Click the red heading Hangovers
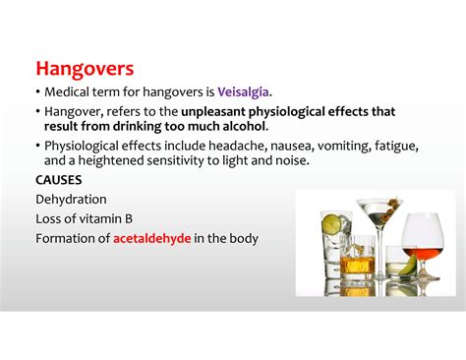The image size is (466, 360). pos(86,70)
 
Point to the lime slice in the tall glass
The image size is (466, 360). pos(332,224)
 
